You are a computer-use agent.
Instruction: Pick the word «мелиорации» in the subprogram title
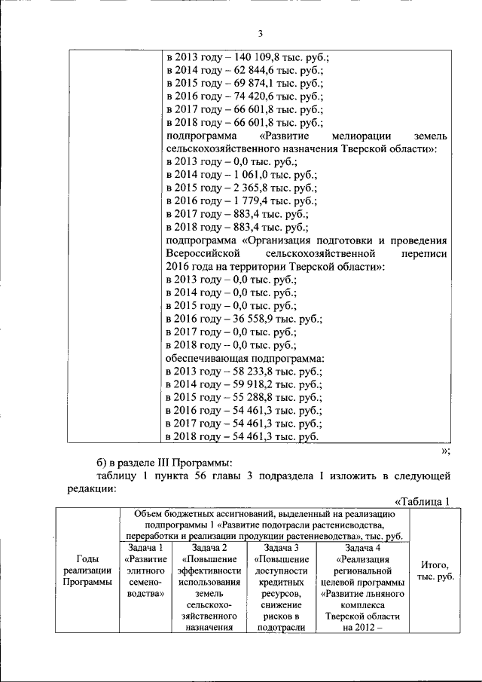pyautogui.click(x=358, y=136)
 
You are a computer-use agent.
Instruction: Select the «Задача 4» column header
pyautogui.click(x=362, y=548)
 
